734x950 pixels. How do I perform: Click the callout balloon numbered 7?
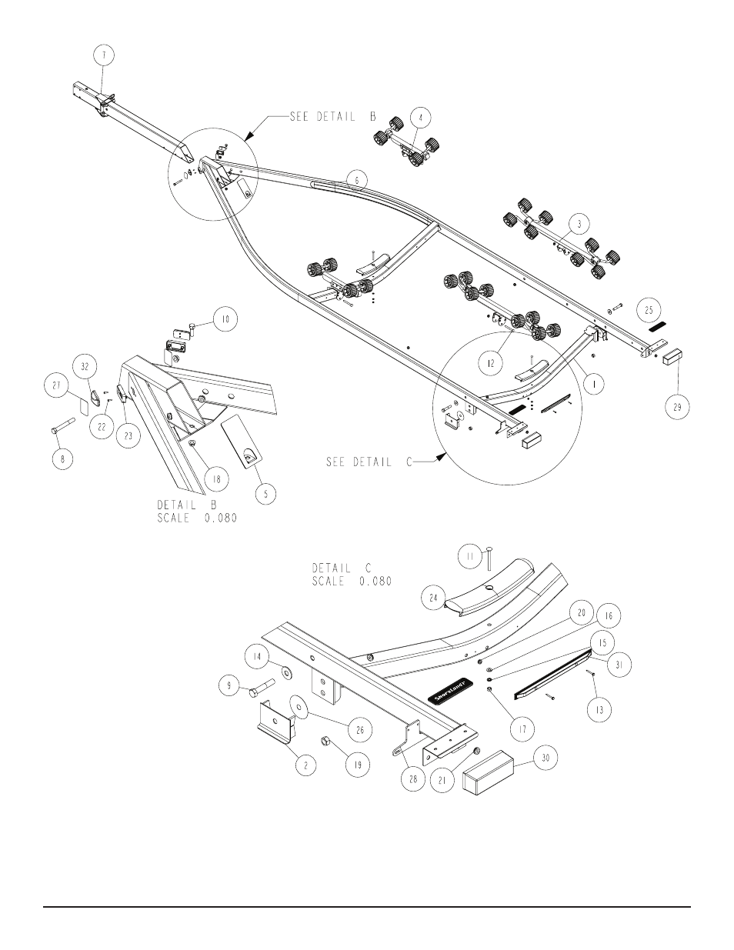(104, 55)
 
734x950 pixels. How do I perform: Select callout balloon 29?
(677, 407)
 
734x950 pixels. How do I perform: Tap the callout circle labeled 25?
(649, 310)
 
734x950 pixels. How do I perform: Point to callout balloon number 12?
(491, 363)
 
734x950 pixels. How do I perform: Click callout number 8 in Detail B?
(62, 459)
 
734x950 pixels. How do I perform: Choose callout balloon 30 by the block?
(545, 758)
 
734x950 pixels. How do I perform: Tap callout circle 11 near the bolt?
(469, 556)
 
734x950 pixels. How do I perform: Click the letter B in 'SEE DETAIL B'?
(373, 117)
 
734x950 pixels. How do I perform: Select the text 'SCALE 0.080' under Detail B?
(197, 518)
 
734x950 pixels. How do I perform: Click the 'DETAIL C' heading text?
(342, 568)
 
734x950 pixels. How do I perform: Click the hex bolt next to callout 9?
(262, 688)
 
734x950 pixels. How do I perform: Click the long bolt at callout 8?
(63, 425)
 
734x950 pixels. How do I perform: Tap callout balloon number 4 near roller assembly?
(421, 117)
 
